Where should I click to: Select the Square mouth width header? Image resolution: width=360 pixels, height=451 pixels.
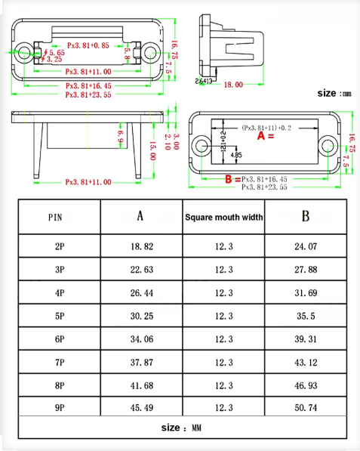click(x=223, y=218)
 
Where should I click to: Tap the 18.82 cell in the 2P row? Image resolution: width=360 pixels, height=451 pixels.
click(x=140, y=246)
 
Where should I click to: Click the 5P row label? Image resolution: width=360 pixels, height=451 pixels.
click(x=60, y=316)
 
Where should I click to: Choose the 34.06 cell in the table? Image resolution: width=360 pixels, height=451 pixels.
click(x=140, y=339)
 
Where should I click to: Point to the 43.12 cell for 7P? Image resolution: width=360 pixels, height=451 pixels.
click(x=306, y=363)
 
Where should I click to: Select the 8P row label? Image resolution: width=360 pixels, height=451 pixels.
click(x=60, y=385)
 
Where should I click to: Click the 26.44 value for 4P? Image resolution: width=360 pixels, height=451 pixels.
click(x=140, y=293)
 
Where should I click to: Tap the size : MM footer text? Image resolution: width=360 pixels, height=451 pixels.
click(x=182, y=428)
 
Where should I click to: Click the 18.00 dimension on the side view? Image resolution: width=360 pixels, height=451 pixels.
click(x=233, y=85)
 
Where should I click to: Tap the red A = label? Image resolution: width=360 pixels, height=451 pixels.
click(x=265, y=137)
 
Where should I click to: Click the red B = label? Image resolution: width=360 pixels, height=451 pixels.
click(x=232, y=179)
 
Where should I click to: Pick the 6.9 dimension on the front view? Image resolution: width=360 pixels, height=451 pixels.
click(x=119, y=135)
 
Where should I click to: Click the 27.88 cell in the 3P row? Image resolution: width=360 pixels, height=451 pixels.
click(x=306, y=270)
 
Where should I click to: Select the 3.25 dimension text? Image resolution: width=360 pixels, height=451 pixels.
click(x=54, y=59)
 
